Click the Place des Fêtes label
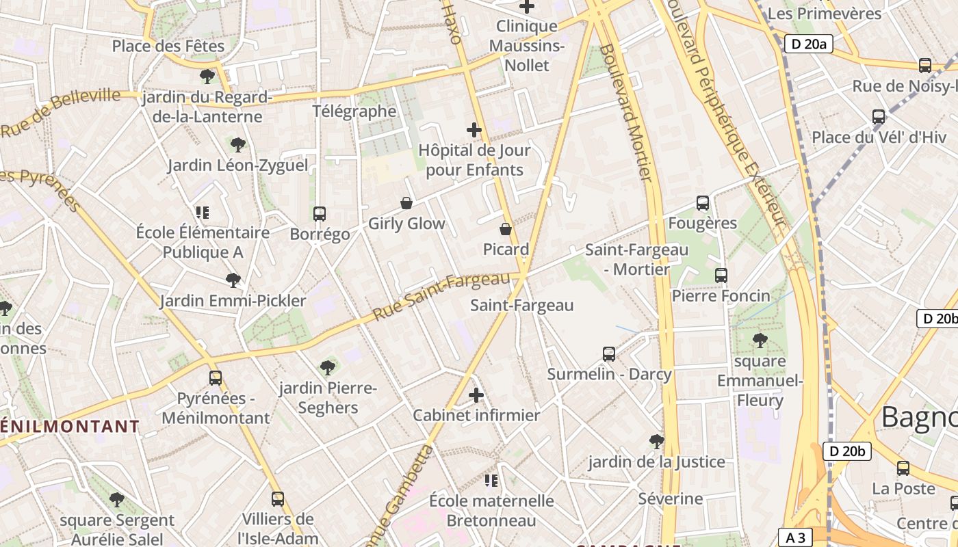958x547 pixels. pos(168,46)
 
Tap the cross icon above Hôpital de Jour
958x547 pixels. pos(474,129)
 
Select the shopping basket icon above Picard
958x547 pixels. pos(506,229)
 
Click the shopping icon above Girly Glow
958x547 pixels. pos(406,203)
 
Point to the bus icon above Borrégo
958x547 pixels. pos(319,214)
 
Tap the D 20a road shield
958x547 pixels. pos(808,44)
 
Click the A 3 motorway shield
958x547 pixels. pos(795,538)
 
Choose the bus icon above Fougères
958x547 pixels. pos(703,203)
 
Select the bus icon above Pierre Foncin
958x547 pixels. pos(721,276)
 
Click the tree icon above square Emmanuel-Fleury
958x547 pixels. pos(760,341)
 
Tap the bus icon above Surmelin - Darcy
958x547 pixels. pos(609,354)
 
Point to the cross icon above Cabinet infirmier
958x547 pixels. pos(476,395)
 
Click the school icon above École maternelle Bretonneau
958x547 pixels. pos(491,481)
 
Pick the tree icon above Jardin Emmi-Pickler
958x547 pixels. pos(233,280)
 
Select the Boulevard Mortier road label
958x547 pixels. pos(624,113)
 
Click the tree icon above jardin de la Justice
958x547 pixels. pos(657,442)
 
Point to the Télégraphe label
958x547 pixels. pos(354,111)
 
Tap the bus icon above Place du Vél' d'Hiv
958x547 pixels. pos(879,117)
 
